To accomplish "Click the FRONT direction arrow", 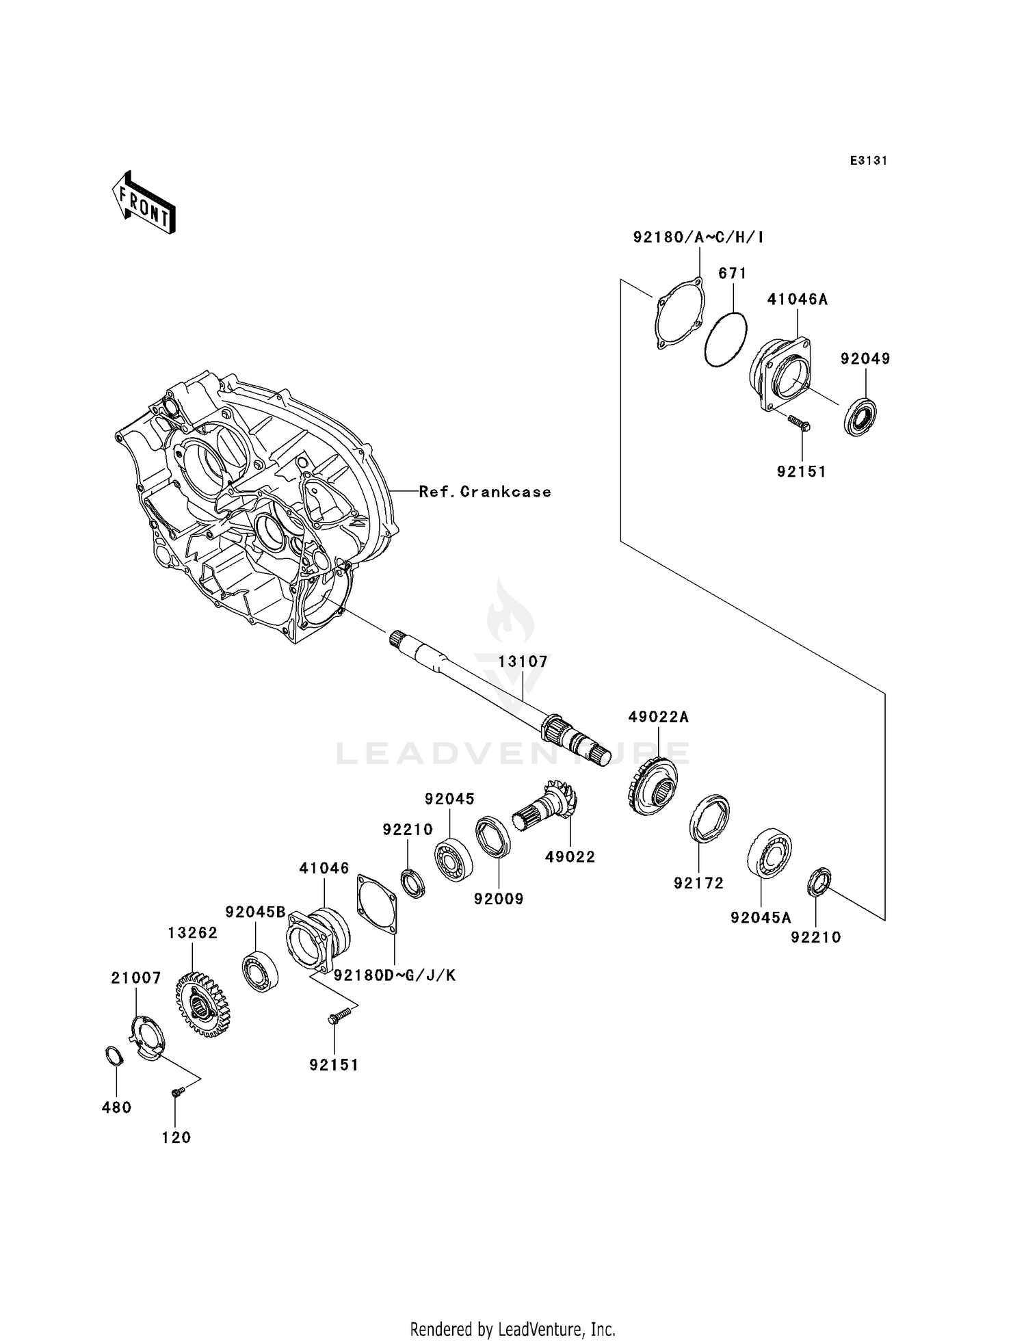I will point(144,204).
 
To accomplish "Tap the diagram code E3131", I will point(869,161).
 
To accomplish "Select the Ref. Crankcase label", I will point(485,492).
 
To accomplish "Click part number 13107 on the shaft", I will point(523,661).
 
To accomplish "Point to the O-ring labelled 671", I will point(726,340).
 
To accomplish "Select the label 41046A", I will point(797,299).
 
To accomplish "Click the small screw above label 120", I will point(178,1092).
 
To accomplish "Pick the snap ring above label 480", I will point(115,1055).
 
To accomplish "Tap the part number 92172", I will point(698,883).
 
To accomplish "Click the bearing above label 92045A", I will point(770,853).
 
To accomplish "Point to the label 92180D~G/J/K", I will point(395,975).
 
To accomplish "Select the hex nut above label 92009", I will point(493,836).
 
